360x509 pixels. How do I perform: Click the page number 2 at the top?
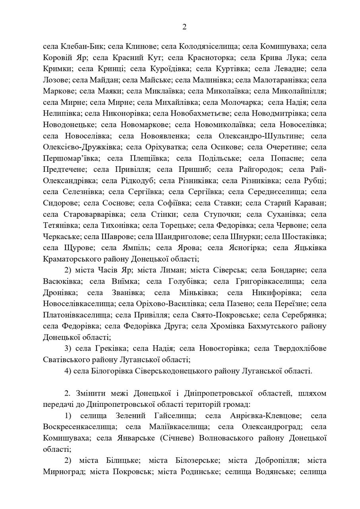click(184, 27)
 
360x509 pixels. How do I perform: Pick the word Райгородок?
click(258, 169)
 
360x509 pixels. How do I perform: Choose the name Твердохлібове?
click(300, 348)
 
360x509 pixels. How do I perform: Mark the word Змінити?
click(91, 393)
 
